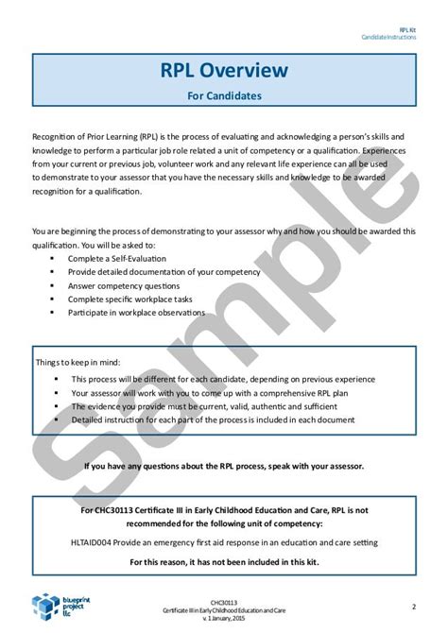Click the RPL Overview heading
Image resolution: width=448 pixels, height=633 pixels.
coord(224,71)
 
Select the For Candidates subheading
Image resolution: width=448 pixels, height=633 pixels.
coord(224,95)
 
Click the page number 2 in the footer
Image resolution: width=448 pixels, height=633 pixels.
coord(414,606)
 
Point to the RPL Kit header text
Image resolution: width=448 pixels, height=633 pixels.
coord(407,29)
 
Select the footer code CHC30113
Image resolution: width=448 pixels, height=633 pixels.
coord(223,597)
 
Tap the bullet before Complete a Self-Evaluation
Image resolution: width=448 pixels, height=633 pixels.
coord(64,258)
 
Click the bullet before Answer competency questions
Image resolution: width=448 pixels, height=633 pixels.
coord(64,285)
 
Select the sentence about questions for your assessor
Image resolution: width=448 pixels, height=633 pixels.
coord(223,466)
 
